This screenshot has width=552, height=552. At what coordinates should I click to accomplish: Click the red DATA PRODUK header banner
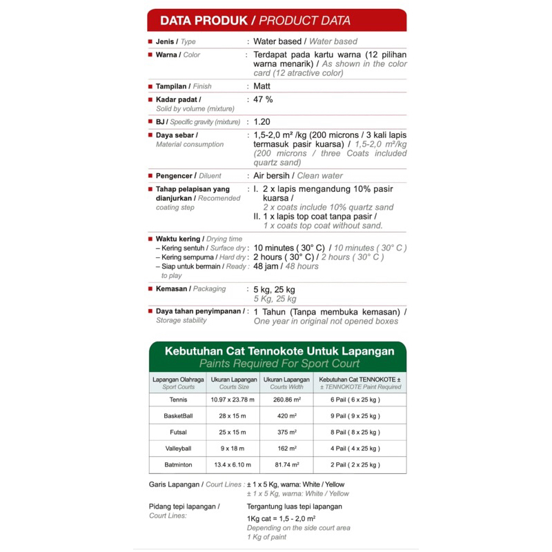coord(276,21)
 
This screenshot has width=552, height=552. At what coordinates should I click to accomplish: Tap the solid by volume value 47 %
coord(263,99)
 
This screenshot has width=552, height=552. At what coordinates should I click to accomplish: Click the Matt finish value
coord(262,86)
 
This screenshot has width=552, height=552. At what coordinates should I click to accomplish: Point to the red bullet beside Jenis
coord(150,41)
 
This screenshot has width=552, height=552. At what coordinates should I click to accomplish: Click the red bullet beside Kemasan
coord(150,289)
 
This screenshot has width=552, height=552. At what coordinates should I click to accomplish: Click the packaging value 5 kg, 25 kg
coord(274,289)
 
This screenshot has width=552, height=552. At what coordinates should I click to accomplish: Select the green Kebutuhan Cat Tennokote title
coord(279,351)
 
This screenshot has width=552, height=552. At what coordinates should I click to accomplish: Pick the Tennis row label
coord(177,400)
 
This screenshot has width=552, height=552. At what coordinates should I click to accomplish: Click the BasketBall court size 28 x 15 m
coord(233,416)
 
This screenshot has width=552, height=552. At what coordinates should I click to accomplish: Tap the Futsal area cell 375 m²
coord(285,433)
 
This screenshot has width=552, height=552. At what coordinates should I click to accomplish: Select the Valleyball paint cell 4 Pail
coord(355,448)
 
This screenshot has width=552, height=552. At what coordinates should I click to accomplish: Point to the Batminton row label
coord(178,465)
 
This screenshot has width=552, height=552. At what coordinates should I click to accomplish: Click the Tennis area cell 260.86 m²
coord(285,400)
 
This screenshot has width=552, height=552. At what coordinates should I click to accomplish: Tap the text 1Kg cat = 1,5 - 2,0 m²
coord(281,518)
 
